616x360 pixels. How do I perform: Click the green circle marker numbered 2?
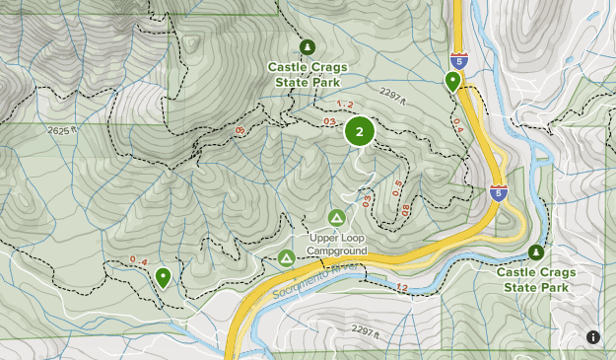point(360,131)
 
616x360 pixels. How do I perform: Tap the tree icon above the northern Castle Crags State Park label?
point(307,46)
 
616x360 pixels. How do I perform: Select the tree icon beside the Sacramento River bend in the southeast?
point(536,252)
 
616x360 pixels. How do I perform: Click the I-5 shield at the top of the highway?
point(458,61)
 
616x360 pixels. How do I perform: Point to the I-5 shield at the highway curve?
point(500,192)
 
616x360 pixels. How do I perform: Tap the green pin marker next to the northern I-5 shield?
point(452,81)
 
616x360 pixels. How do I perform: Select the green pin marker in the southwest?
point(163,277)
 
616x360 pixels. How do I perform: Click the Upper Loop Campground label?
point(336,244)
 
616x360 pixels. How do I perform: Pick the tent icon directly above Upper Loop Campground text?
point(336,217)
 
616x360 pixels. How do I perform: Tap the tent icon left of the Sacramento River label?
point(286,258)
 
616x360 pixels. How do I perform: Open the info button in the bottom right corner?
point(593,337)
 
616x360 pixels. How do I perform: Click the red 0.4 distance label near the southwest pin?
point(139,260)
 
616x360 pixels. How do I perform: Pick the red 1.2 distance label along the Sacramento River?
point(401,288)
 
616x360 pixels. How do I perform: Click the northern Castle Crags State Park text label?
point(307,75)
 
